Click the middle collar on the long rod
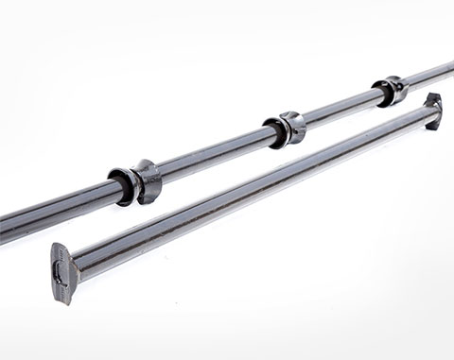[285, 129]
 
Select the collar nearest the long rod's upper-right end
[390, 91]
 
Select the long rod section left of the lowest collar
[57, 210]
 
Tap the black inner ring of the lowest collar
[122, 185]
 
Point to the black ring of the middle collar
[274, 132]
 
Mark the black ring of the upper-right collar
[381, 94]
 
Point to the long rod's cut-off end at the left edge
[4, 227]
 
